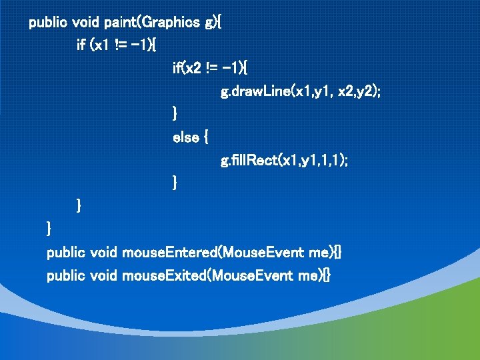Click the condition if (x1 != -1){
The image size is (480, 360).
117,45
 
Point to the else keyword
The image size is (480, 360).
186,137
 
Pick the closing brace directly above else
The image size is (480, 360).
175,114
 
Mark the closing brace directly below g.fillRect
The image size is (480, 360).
175,182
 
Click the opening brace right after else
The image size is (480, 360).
205,138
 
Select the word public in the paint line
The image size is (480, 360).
48,23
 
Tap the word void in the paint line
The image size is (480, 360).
85,23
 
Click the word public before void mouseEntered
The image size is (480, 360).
65,253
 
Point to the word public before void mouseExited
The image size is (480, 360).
65,275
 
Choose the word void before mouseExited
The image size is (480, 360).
103,275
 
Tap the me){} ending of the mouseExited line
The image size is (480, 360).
316,275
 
